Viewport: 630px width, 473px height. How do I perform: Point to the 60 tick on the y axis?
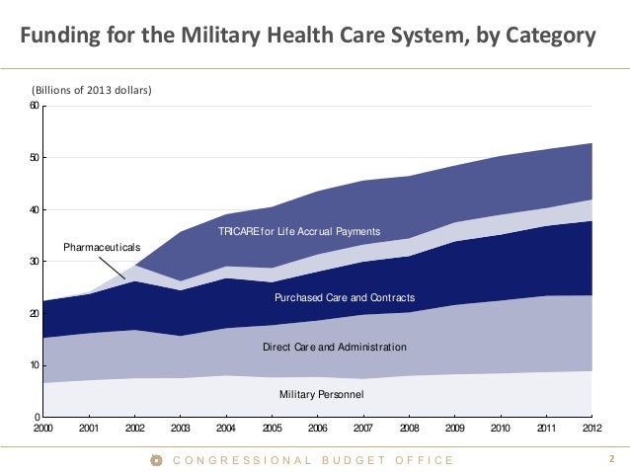(x=34, y=107)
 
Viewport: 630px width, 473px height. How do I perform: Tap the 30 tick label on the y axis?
(x=34, y=262)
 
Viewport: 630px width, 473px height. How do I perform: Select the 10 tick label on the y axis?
(x=34, y=365)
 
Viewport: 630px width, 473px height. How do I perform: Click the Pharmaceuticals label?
(x=103, y=245)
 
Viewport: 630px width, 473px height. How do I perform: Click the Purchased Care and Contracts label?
(x=345, y=297)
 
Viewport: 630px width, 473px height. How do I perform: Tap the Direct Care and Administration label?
(x=334, y=348)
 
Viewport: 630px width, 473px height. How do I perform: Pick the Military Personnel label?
(x=322, y=395)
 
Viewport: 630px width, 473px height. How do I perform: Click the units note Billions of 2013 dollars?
(x=93, y=91)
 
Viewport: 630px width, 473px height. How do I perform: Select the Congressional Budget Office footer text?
(x=313, y=460)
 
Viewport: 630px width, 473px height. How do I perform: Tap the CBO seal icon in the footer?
(x=155, y=460)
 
